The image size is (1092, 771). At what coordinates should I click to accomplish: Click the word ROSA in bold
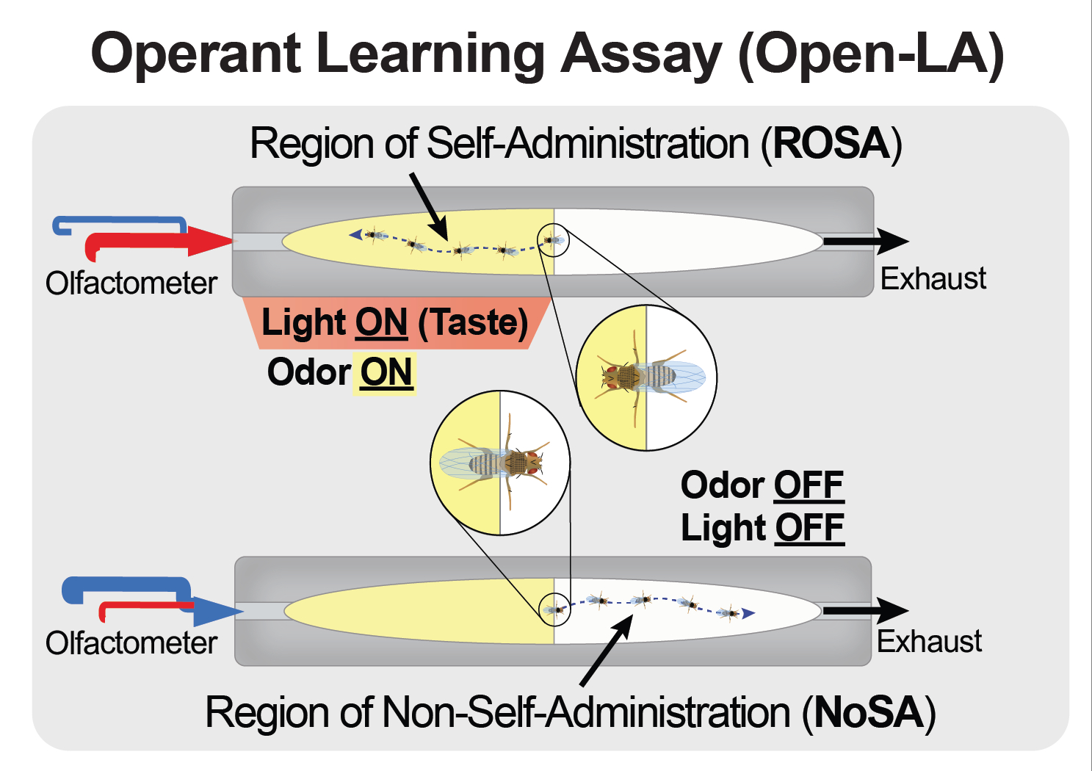coord(831,143)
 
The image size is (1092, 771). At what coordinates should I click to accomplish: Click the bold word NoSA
coord(869,713)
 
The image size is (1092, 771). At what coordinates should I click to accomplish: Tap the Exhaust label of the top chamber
coord(933,279)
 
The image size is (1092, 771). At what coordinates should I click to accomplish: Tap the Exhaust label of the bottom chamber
coord(929,642)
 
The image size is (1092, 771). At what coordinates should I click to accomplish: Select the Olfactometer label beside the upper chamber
coord(131,283)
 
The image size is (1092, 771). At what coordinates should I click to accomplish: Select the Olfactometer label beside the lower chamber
coord(131,643)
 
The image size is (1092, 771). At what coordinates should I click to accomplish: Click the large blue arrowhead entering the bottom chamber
coord(220,611)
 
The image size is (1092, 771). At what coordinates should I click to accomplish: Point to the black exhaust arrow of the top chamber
coord(867,241)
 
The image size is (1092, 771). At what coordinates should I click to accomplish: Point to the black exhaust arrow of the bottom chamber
coord(867,610)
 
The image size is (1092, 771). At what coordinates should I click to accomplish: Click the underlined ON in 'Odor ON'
coord(386,372)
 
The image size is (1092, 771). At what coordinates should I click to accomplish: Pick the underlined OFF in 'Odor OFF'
coord(809,485)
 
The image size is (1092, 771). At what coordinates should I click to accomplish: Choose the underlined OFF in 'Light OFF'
coord(810,528)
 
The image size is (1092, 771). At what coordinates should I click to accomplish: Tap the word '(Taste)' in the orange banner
coord(473,323)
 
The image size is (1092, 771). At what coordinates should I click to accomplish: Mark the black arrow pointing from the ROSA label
coord(429,206)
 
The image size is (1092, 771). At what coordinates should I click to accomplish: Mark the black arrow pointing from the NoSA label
coord(607,650)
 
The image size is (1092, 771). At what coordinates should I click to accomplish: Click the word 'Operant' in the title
coord(196,54)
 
